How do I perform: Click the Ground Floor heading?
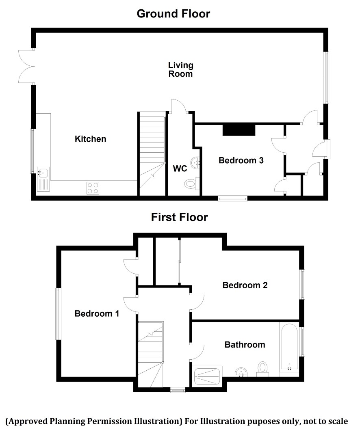tap(173, 14)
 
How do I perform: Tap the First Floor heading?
tap(180, 217)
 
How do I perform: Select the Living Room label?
tap(180, 69)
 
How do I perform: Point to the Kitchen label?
tap(90, 139)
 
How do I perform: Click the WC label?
tap(180, 169)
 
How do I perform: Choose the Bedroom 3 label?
tap(241, 160)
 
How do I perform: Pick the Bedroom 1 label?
tap(97, 313)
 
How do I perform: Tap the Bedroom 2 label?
tap(245, 285)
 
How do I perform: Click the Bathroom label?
tap(245, 345)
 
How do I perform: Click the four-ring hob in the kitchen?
tap(93, 188)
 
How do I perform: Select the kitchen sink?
tap(43, 179)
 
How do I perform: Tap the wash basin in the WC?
tap(195, 163)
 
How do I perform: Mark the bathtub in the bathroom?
tap(289, 347)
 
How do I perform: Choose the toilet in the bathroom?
tap(262, 369)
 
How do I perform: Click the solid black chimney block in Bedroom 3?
tap(239, 130)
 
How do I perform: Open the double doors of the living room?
tap(27, 66)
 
